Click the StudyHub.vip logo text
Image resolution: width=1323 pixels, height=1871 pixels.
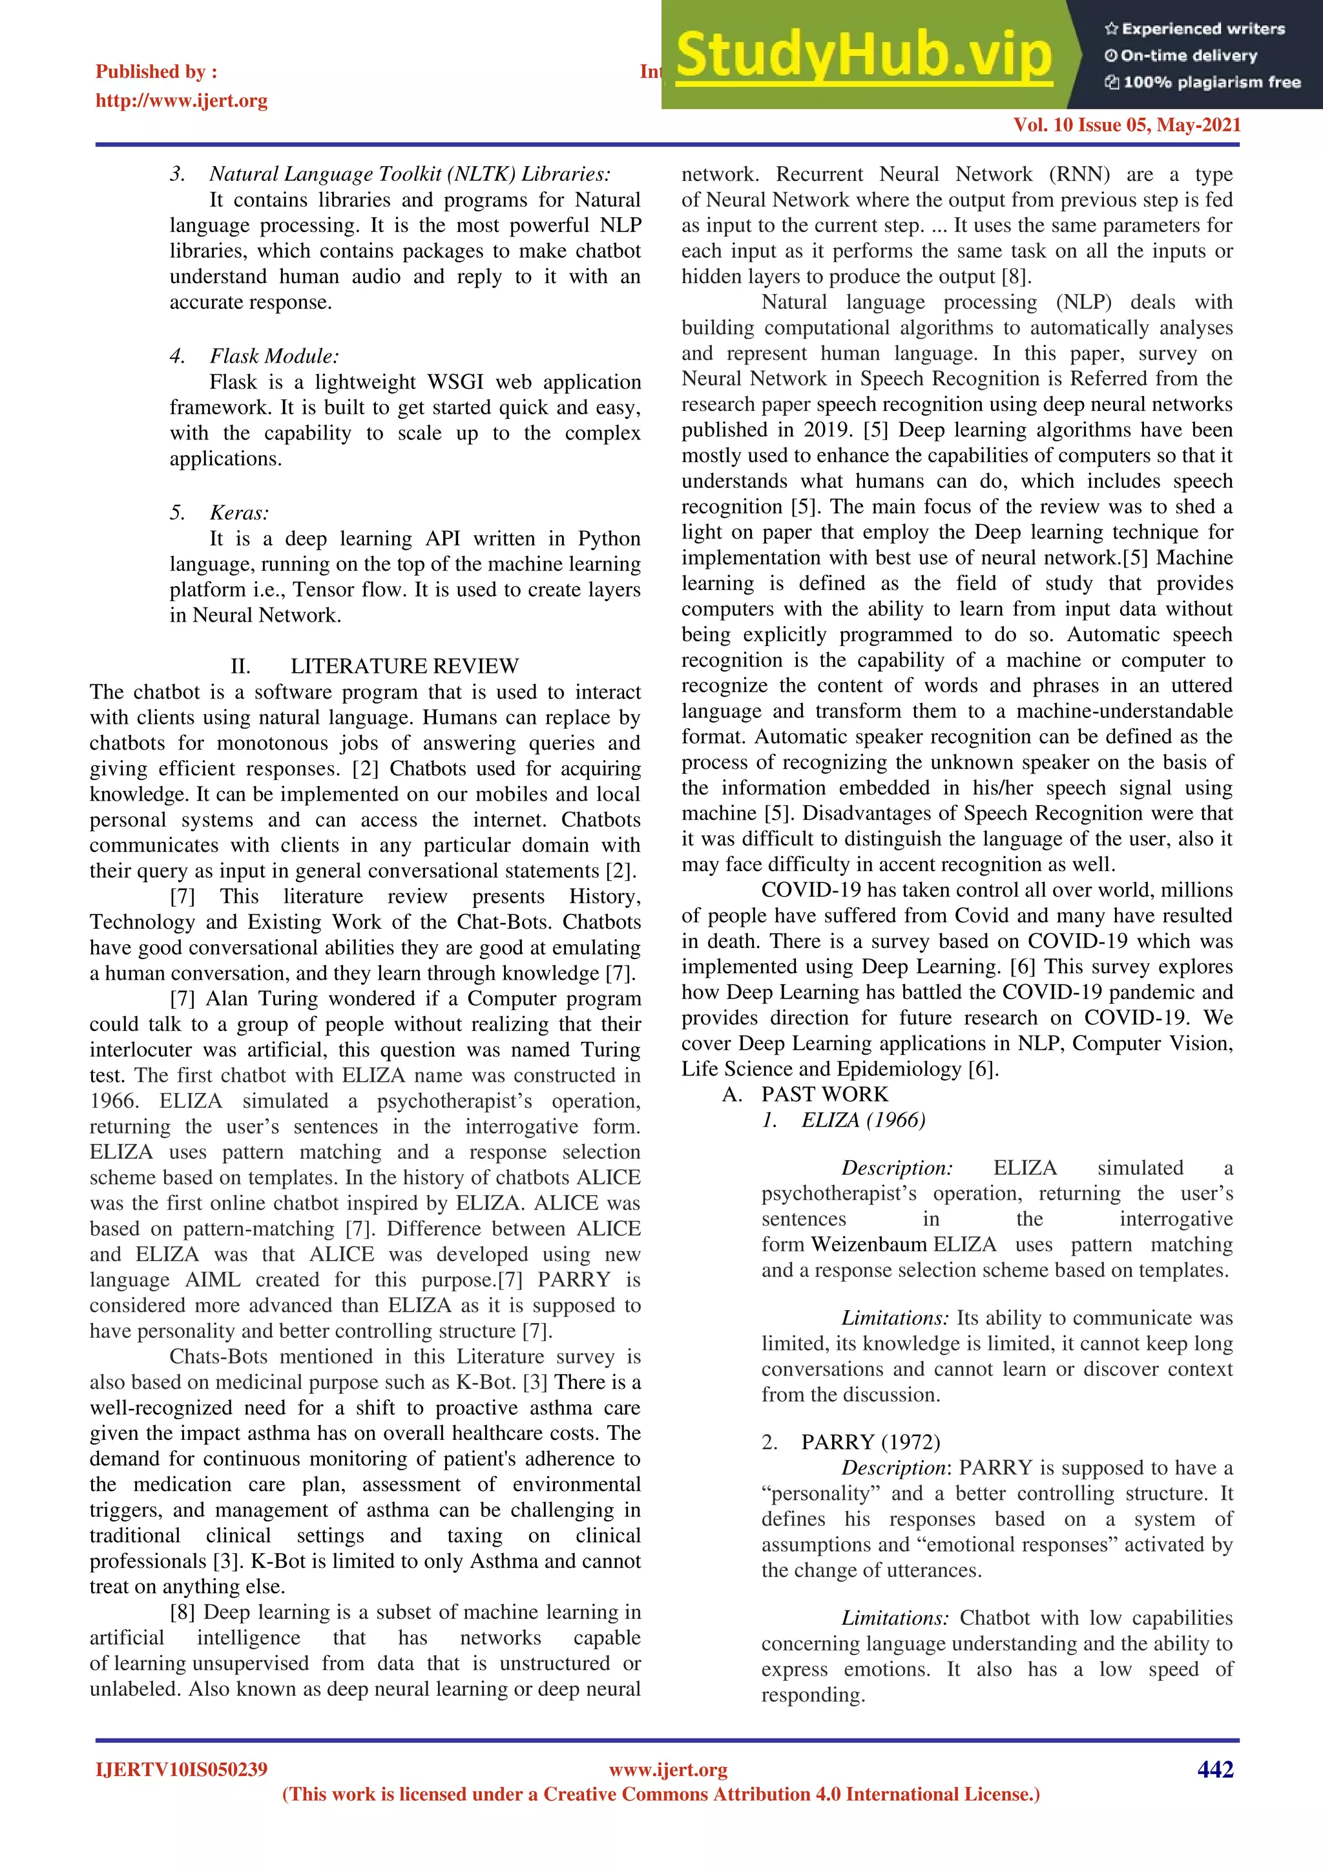pyautogui.click(x=864, y=56)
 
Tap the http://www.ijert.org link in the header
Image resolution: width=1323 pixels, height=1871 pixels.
pyautogui.click(x=182, y=101)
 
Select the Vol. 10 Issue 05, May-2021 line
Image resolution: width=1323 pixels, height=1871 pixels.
pyautogui.click(x=1127, y=125)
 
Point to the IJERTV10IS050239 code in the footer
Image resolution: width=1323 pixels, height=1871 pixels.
pyautogui.click(x=182, y=1769)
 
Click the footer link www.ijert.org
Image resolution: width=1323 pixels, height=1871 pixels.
pyautogui.click(x=668, y=1769)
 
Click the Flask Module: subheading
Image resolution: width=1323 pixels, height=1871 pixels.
pyautogui.click(x=275, y=356)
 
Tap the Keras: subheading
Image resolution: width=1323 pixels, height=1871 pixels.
pyautogui.click(x=238, y=513)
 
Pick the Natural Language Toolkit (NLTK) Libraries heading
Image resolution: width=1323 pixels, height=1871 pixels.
pyautogui.click(x=410, y=174)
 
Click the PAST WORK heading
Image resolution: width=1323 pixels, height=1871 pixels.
pyautogui.click(x=824, y=1094)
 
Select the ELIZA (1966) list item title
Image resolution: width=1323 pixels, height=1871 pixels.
pyautogui.click(x=864, y=1119)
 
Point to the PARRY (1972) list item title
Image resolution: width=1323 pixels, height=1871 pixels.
pyautogui.click(x=870, y=1442)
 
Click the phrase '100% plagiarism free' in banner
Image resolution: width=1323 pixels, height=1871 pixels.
pyautogui.click(x=1211, y=82)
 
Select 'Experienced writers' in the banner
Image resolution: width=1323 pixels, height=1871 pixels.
pyautogui.click(x=1202, y=29)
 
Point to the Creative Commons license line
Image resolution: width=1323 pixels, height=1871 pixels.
pyautogui.click(x=661, y=1794)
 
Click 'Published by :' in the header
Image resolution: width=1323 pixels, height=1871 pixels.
pyautogui.click(x=156, y=72)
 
